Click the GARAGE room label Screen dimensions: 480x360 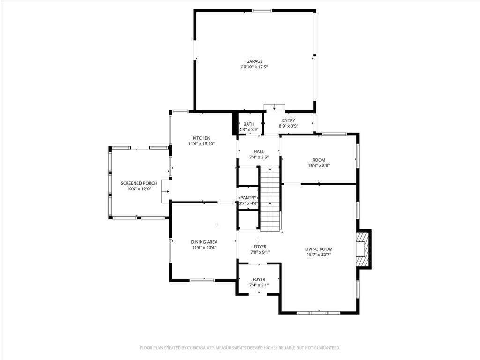click(x=255, y=61)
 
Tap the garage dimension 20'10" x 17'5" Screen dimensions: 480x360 click(x=255, y=67)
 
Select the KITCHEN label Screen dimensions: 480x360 click(x=202, y=138)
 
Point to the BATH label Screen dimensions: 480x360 click(x=249, y=124)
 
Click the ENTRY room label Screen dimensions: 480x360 click(x=289, y=120)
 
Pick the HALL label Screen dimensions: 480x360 click(x=259, y=151)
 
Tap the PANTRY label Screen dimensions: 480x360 click(x=248, y=198)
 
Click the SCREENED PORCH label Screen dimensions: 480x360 click(x=139, y=183)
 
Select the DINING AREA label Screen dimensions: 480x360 click(x=204, y=242)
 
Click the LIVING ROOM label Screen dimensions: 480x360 click(x=319, y=249)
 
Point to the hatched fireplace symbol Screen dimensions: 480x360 click(x=363, y=249)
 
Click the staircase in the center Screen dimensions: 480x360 click(x=270, y=198)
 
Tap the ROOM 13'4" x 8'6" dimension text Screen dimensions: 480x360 click(x=319, y=165)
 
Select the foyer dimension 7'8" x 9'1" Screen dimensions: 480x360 click(x=260, y=252)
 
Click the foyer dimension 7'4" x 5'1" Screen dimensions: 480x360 click(x=259, y=285)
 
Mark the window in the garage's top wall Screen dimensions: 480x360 click(x=262, y=11)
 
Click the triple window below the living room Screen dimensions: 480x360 click(x=319, y=313)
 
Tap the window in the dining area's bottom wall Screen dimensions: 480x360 click(x=202, y=280)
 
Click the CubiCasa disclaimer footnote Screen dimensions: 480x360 click(x=240, y=348)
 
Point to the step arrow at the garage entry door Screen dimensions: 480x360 click(x=275, y=108)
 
